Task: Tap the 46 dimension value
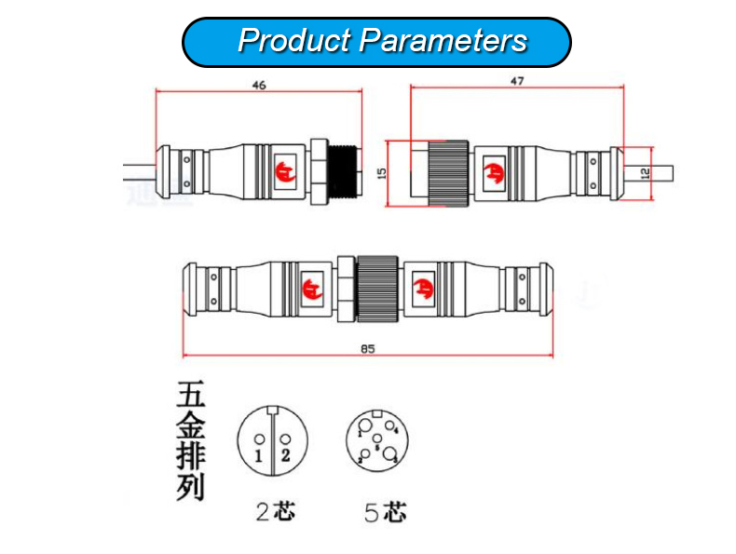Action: (259, 85)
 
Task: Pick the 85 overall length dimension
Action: (367, 349)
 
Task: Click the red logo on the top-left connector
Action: (285, 171)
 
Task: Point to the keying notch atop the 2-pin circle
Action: (271, 411)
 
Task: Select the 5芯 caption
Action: (385, 512)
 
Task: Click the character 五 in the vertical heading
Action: (190, 396)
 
